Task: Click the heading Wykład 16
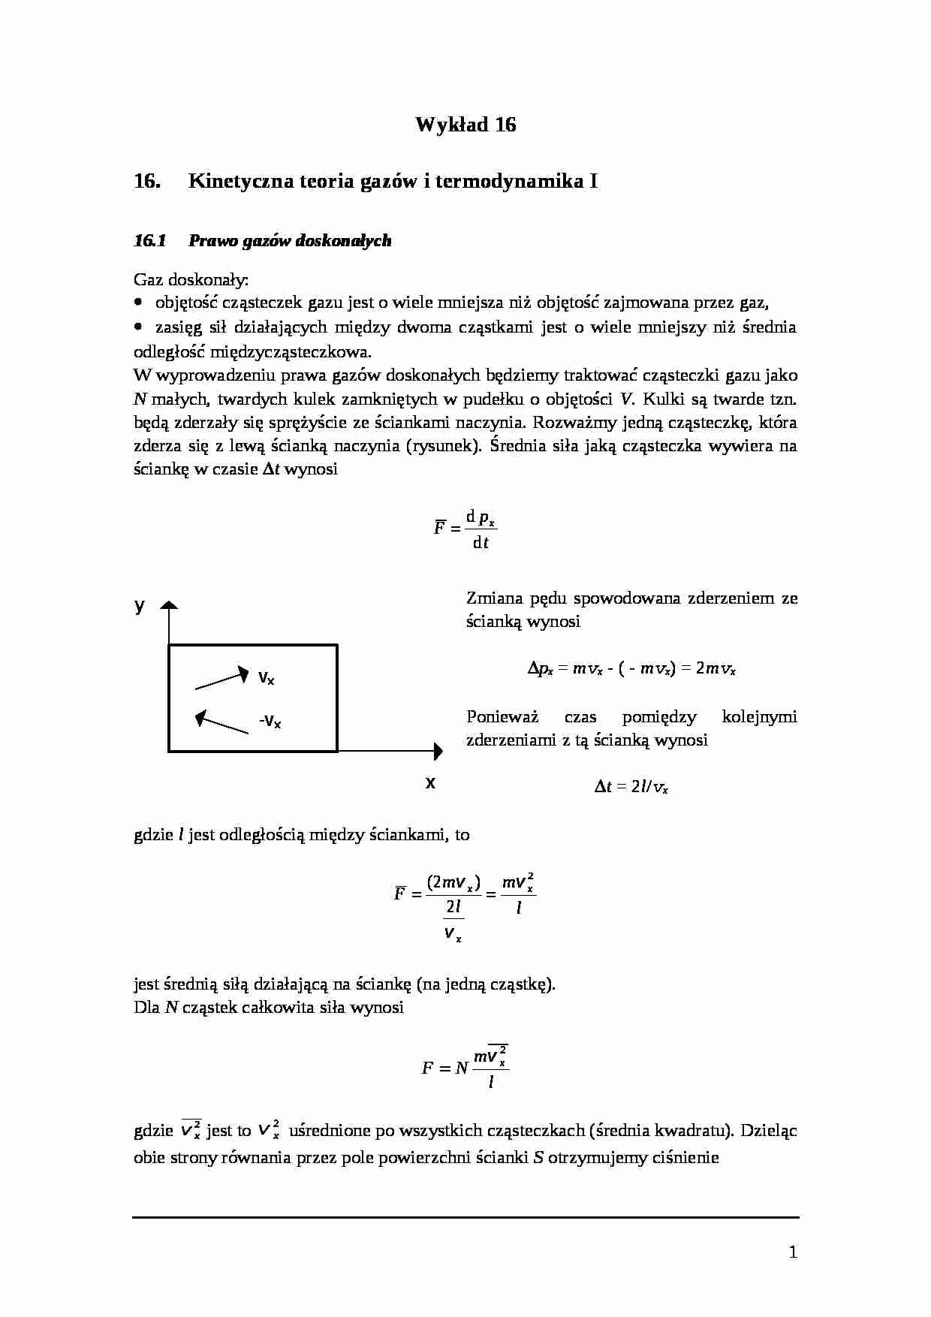coord(465,125)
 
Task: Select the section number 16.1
coord(149,241)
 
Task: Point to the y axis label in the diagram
coord(140,606)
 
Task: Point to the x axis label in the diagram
coord(430,782)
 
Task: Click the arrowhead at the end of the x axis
coord(437,749)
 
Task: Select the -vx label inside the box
coord(270,722)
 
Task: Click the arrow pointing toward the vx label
coord(222,677)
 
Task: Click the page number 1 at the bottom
coord(793,1252)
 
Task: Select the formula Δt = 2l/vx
coord(631,787)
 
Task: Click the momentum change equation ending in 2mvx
coord(631,668)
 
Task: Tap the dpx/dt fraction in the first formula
coord(481,529)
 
